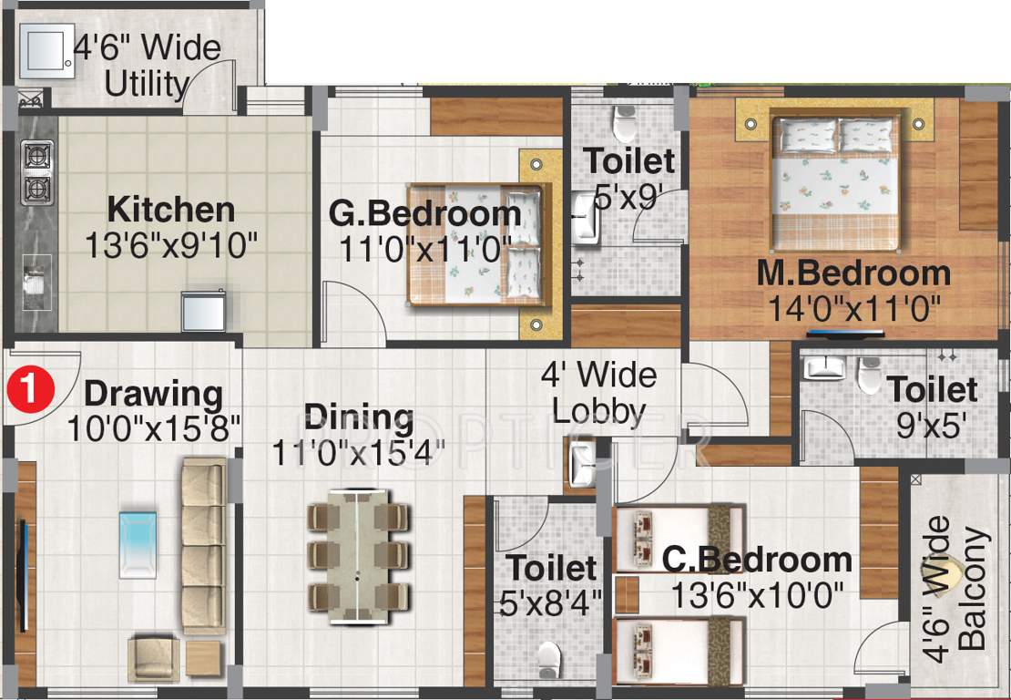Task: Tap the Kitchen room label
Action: [x=171, y=209]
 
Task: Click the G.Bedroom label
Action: [x=424, y=213]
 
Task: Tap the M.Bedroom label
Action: [x=853, y=273]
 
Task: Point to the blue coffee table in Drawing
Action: [x=138, y=543]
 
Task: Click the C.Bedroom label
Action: [x=757, y=560]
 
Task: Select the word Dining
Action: [x=359, y=417]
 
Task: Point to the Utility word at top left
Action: [x=146, y=84]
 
